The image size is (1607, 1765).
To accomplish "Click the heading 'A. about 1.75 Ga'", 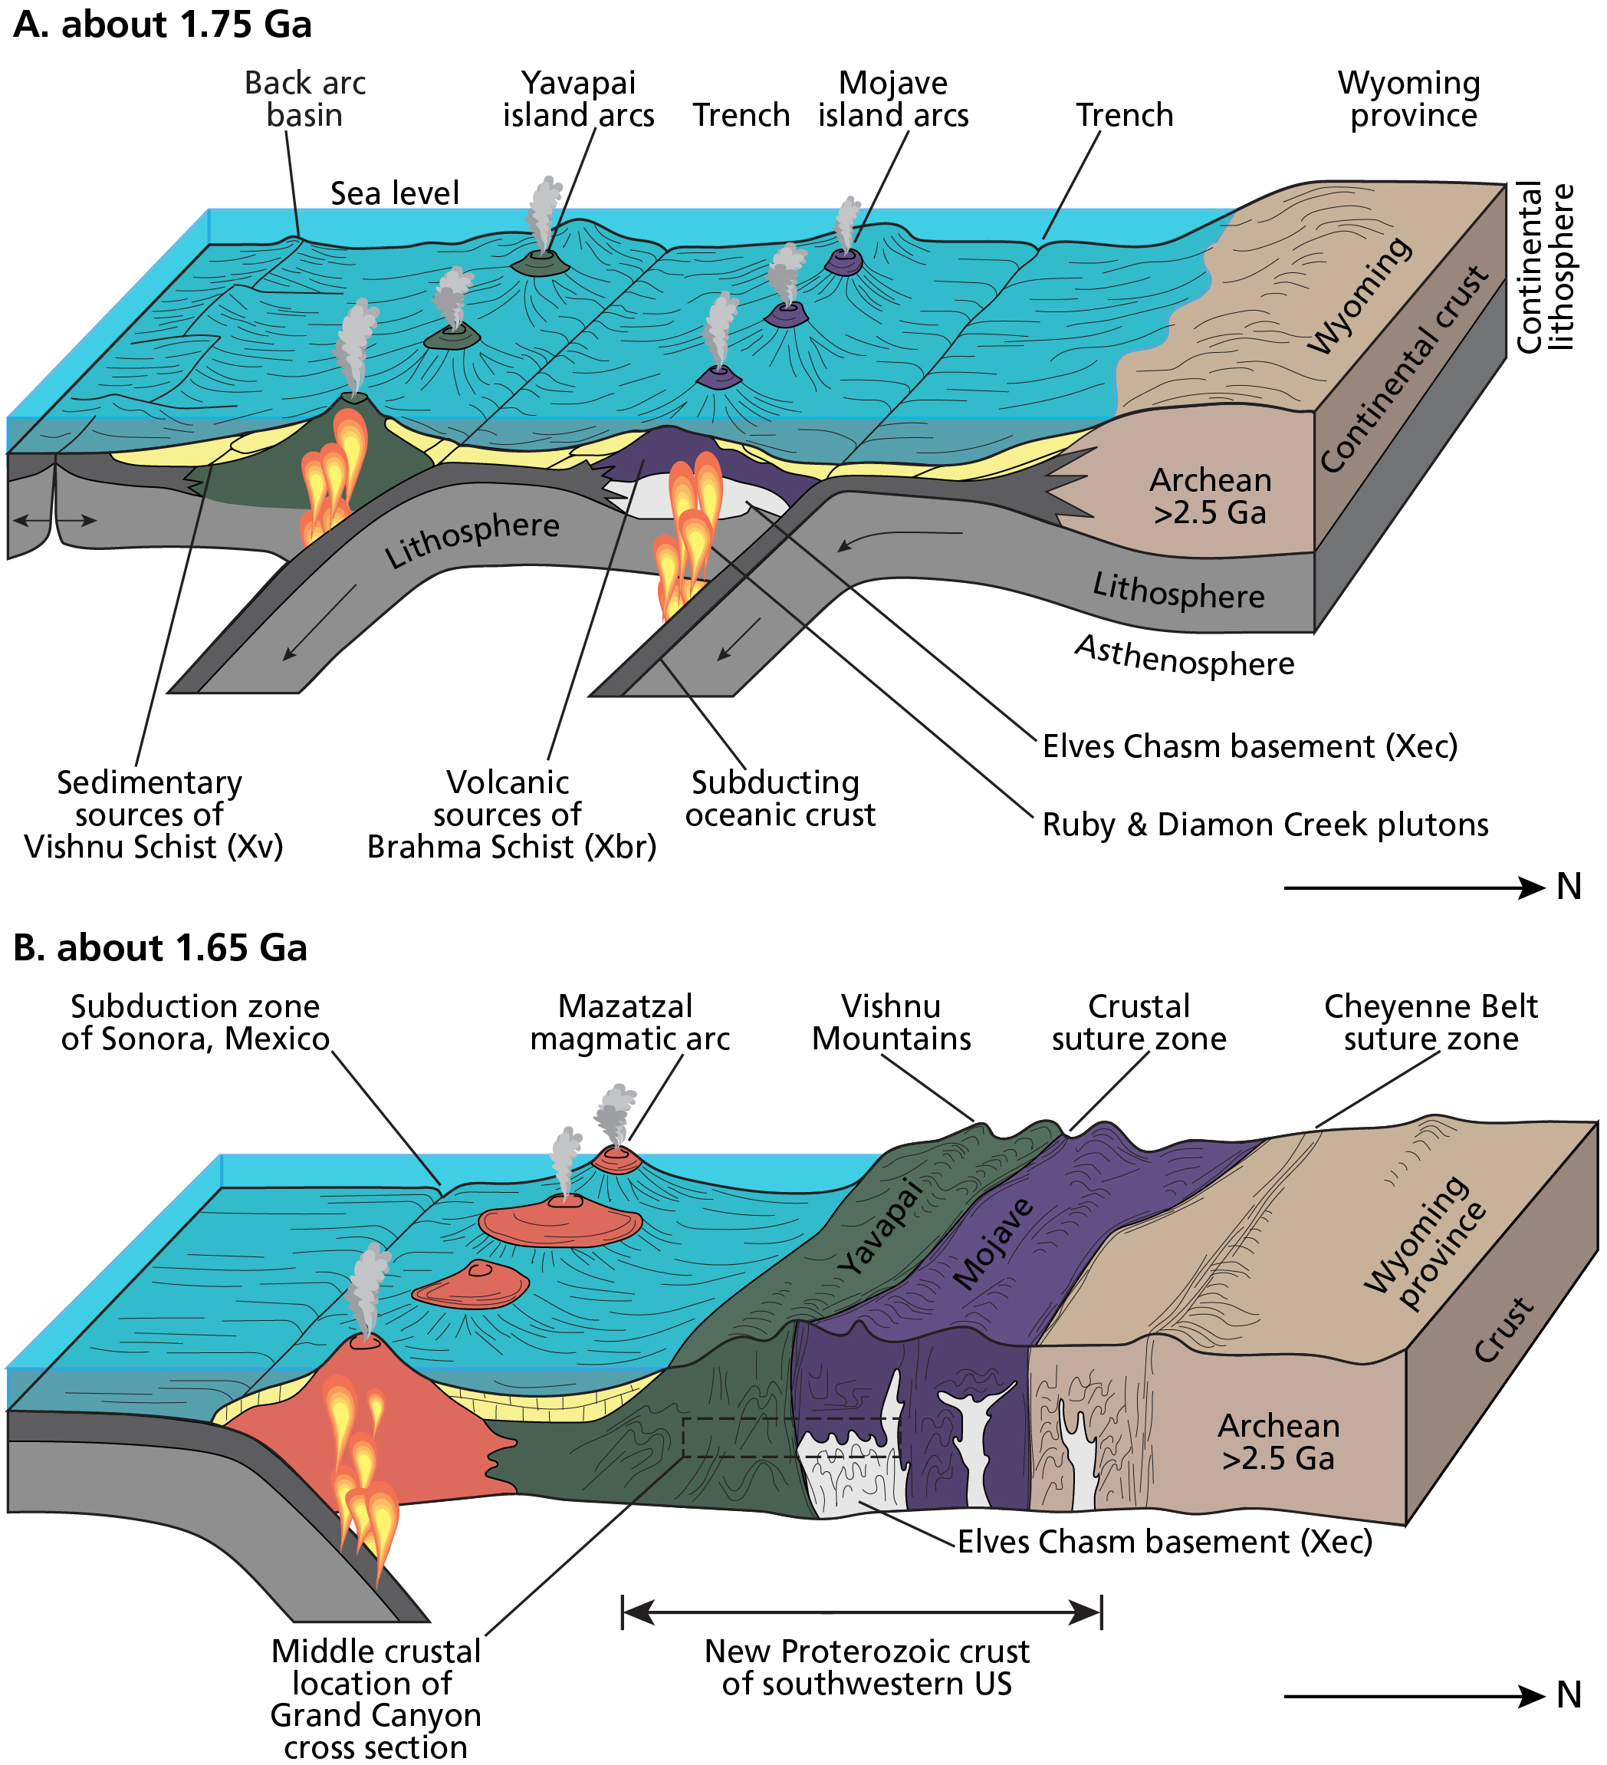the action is coord(163,25).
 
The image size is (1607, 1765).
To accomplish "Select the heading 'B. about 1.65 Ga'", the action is coord(160,948).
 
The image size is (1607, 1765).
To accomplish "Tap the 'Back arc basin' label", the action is coord(304,99).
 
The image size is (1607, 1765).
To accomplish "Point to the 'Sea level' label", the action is coord(395,193).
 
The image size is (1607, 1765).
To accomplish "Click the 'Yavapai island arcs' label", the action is coord(579,99).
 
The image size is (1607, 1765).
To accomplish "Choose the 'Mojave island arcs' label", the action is coord(894,99).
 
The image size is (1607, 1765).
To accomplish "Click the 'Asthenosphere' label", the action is coord(1185,657).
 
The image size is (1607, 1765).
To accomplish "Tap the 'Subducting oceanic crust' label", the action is coord(780,799).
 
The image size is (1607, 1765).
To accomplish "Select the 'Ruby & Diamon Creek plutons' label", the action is coord(1266,825).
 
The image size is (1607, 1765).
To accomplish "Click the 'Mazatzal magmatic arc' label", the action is coord(629,1022).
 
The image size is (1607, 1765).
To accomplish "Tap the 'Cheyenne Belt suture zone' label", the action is coord(1431,1022).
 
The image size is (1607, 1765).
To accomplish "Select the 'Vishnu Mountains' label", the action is coord(891,1022).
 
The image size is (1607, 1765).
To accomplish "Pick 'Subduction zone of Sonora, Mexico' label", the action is coord(196,1022).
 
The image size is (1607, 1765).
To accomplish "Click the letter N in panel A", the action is coord(1569,887).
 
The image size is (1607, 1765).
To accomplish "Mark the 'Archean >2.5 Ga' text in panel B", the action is coord(1279,1442).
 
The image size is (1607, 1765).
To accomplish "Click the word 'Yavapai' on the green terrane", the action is coord(879,1227).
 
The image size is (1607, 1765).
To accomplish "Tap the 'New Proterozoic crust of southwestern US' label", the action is coord(866,1668).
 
